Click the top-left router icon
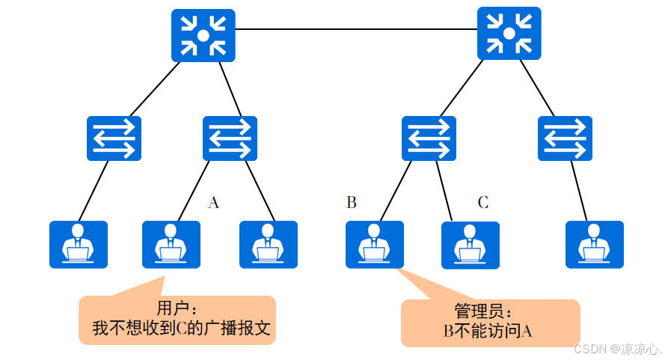[x=203, y=35]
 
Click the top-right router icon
[x=508, y=34]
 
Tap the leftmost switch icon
[x=114, y=138]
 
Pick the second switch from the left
[x=230, y=138]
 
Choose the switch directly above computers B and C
[x=429, y=138]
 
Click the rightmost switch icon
[x=565, y=138]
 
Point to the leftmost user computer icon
[x=79, y=244]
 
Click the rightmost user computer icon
[x=594, y=244]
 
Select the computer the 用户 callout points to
[x=171, y=244]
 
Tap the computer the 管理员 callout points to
[x=374, y=244]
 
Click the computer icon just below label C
[x=470, y=245]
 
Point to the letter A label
[x=213, y=203]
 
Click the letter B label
[x=352, y=202]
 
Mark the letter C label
[x=483, y=202]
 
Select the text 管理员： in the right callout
[x=486, y=312]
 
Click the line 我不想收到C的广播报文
[x=179, y=328]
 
